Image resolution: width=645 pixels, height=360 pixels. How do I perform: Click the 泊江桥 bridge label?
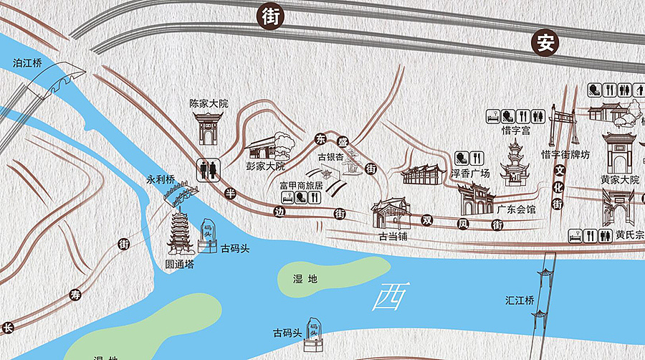[28, 63]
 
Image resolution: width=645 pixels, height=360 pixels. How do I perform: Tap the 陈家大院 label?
[208, 103]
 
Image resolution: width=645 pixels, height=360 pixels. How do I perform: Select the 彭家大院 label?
[265, 166]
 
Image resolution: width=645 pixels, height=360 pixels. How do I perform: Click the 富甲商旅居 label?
[301, 186]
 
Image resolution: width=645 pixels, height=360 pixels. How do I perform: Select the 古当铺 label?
[393, 236]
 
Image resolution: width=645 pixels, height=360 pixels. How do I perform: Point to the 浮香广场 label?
[469, 174]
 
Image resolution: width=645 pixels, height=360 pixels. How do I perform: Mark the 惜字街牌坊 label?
[565, 154]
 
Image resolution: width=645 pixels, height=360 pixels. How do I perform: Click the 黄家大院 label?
[619, 179]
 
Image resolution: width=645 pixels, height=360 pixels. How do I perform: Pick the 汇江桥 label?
[520, 300]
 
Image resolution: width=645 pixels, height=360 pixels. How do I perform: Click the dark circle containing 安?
[545, 44]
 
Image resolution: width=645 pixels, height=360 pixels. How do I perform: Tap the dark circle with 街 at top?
[270, 16]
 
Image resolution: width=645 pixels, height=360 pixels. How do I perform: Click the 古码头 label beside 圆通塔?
[235, 248]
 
